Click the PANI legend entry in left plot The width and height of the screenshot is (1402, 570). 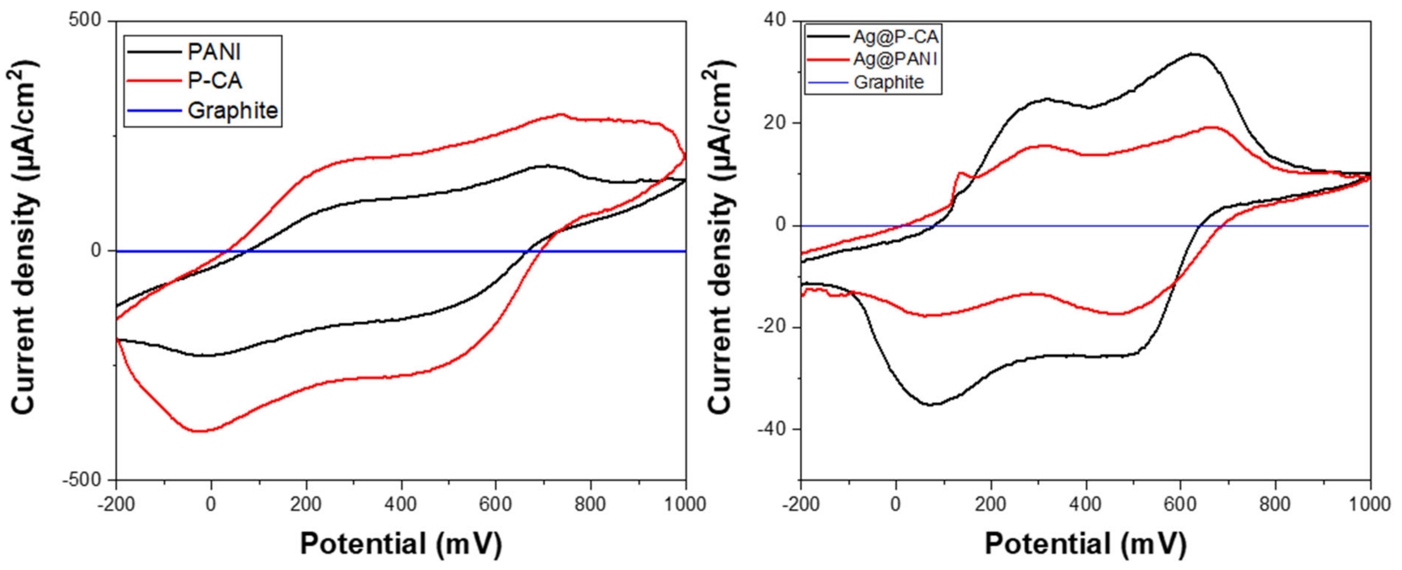tap(213, 52)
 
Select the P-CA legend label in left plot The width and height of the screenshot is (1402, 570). tap(215, 81)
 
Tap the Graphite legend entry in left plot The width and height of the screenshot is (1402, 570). tap(232, 111)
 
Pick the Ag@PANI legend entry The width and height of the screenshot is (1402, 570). tap(895, 59)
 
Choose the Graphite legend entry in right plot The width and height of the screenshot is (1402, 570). tap(889, 83)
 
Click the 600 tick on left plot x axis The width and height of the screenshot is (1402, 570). tap(496, 505)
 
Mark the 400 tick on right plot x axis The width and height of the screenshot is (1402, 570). tap(1085, 505)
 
